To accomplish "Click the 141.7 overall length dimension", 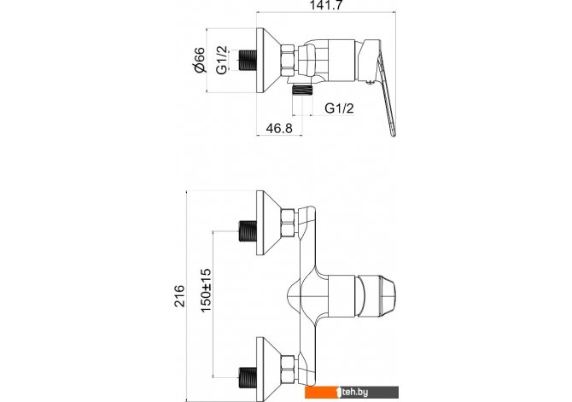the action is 326,5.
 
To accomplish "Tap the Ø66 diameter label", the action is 199,60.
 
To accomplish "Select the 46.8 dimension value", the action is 279,128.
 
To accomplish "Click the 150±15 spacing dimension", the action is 206,290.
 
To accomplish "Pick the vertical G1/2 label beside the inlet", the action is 221,61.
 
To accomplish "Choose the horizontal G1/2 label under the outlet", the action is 339,108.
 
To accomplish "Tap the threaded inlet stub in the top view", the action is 248,61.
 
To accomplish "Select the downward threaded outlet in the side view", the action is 301,90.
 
